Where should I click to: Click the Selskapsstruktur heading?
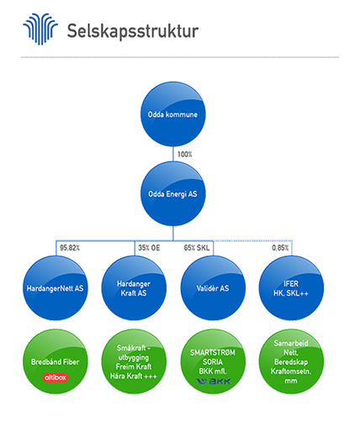[133, 31]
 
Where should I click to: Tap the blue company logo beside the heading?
[40, 29]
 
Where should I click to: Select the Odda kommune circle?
[172, 114]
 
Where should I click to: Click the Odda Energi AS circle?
[172, 194]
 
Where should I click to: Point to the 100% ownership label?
[185, 155]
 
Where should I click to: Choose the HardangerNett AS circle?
[56, 288]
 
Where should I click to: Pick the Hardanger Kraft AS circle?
[134, 288]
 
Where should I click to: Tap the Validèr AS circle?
[213, 288]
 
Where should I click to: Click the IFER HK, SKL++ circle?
[291, 288]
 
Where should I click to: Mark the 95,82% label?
[70, 248]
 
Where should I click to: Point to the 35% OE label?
[149, 248]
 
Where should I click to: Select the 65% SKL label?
[197, 248]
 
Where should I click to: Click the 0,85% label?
[280, 248]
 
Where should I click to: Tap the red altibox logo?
[56, 377]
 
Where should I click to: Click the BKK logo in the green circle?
[214, 381]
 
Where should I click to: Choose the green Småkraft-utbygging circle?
[134, 361]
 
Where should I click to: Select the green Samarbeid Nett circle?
[291, 361]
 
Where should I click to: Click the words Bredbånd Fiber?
[56, 362]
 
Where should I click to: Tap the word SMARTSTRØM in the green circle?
[213, 352]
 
